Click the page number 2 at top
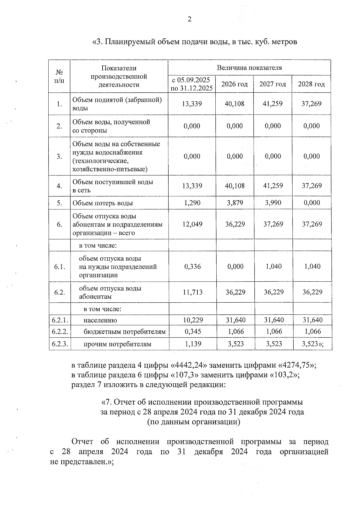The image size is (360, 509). [x=189, y=19]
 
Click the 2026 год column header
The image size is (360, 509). [x=235, y=84]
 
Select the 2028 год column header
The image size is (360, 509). [x=311, y=84]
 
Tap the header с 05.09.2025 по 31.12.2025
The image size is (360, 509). [x=192, y=84]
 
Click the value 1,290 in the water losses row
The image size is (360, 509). [x=192, y=203]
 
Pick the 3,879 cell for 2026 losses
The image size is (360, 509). [x=235, y=203]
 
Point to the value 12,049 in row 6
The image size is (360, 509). [x=192, y=224]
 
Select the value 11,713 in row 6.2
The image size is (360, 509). [x=193, y=292]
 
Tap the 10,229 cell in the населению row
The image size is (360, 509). [x=193, y=320]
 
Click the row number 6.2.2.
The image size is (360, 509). [x=60, y=332]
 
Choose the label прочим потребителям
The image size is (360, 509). [x=117, y=344]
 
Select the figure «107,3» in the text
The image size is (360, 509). [x=185, y=375]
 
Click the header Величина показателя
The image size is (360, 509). [x=249, y=68]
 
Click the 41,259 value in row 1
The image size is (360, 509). [x=273, y=104]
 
